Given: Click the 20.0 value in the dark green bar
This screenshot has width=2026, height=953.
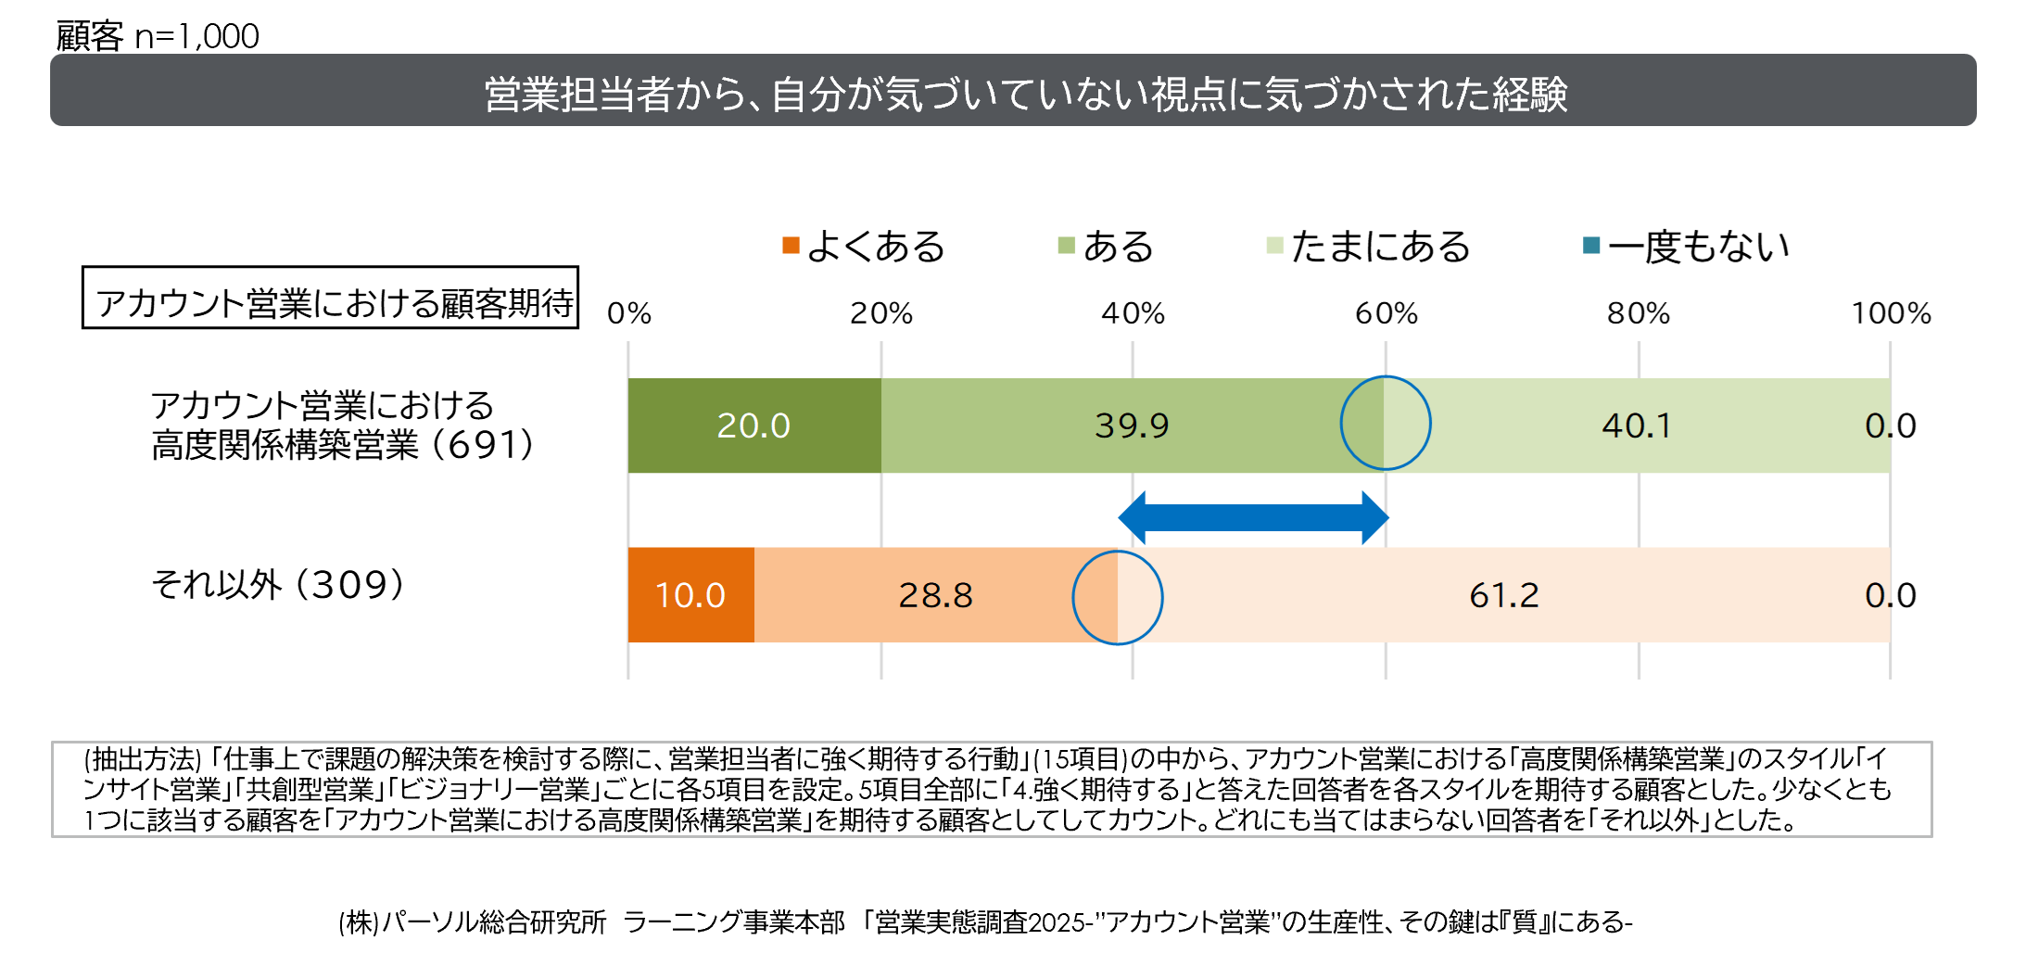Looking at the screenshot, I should coord(753,426).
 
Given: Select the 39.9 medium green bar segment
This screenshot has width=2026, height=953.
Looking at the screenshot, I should coord(1131,426).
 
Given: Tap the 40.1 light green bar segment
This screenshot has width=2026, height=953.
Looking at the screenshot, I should coord(1637,426).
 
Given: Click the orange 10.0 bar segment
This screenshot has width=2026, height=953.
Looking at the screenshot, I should coord(690,595).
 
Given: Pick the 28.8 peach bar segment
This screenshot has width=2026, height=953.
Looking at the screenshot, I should coord(935,595).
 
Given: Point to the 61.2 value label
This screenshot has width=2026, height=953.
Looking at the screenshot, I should coord(1503,595).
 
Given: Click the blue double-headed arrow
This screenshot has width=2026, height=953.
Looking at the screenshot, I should coord(1253,517).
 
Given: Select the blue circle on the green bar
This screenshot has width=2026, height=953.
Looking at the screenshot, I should coord(1386,423).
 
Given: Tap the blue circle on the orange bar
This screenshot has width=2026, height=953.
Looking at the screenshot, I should coord(1118,598).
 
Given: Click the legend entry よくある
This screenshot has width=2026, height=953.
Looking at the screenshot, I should coord(864,247).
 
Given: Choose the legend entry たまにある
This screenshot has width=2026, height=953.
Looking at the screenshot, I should coord(1369,247).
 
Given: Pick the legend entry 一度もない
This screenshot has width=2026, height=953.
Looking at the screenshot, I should coord(1687,247).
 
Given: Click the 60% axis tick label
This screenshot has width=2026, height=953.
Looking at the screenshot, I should coord(1386,313).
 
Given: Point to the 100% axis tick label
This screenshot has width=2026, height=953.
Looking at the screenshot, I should coord(1891,313).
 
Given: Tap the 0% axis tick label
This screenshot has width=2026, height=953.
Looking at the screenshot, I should coord(629,313).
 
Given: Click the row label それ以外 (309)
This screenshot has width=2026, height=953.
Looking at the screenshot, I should coord(278,584).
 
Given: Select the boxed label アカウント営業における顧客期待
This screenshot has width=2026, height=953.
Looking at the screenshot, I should coord(331,299).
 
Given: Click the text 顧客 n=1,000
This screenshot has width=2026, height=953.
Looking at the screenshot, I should coord(158,36).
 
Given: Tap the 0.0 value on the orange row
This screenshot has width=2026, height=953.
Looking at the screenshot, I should coord(1890,595).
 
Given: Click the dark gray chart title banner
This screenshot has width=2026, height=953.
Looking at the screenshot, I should coord(1013,91).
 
